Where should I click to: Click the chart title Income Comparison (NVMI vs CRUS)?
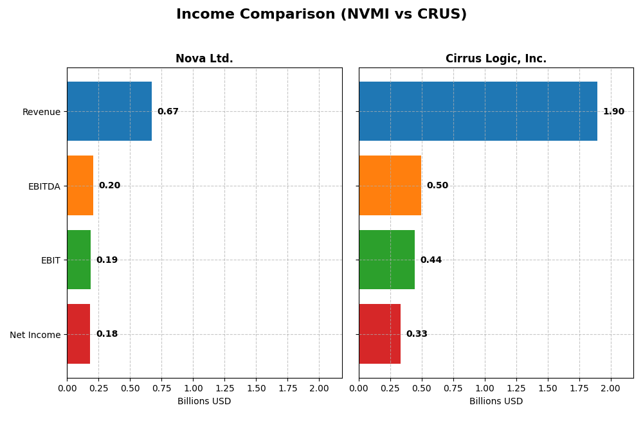coord(321,14)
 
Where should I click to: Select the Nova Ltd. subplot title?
coord(204,58)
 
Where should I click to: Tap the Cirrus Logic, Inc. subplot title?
coord(496,58)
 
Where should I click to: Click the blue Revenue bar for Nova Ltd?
coord(109,111)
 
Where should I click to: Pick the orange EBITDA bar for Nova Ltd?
coord(80,185)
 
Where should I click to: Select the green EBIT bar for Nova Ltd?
coord(78,260)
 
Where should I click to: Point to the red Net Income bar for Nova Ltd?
coord(78,334)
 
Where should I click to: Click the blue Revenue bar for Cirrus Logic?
coord(478,111)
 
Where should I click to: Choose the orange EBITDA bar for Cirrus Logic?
coord(390,185)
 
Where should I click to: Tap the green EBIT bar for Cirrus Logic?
coord(386,260)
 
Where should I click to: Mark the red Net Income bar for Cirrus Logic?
coord(379,334)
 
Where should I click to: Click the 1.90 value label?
coord(613,112)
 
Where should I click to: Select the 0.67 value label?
coord(168,112)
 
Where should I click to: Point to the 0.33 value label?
coord(417,334)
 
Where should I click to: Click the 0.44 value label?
coord(431,260)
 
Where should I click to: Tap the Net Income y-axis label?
coord(35,335)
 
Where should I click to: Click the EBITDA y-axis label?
coord(44,186)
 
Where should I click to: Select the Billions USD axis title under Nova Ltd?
coord(204,401)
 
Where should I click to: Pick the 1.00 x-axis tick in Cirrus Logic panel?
coord(484,388)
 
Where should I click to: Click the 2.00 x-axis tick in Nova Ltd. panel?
coord(319,388)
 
